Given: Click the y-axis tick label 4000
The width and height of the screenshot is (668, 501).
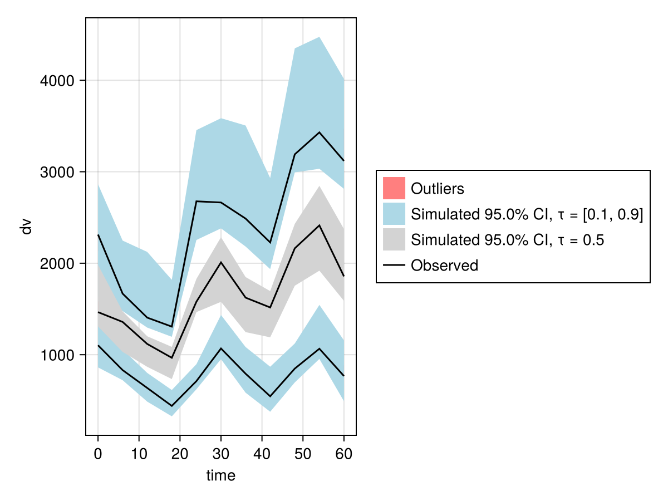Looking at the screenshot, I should [x=57, y=81].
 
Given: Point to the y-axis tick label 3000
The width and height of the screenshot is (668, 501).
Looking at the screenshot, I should [x=57, y=172].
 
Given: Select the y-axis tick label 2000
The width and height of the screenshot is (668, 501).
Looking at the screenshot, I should [x=57, y=263].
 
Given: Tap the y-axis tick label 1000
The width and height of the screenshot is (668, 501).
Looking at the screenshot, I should [x=57, y=355].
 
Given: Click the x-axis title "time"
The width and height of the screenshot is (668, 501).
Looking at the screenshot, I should [x=221, y=475].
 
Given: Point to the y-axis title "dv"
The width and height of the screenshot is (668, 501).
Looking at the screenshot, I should [x=26, y=227].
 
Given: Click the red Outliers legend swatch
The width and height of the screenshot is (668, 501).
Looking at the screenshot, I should [x=394, y=188].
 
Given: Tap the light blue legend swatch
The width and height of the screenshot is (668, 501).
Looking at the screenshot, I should [x=394, y=214].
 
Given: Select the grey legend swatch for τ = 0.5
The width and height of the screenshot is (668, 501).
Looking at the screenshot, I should [x=394, y=239].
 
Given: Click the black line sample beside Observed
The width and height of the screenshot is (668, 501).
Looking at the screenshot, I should [x=394, y=266].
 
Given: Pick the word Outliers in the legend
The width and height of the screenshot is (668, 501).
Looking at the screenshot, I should [x=437, y=189].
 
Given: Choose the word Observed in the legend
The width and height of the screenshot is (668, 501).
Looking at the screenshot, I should [x=444, y=266].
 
